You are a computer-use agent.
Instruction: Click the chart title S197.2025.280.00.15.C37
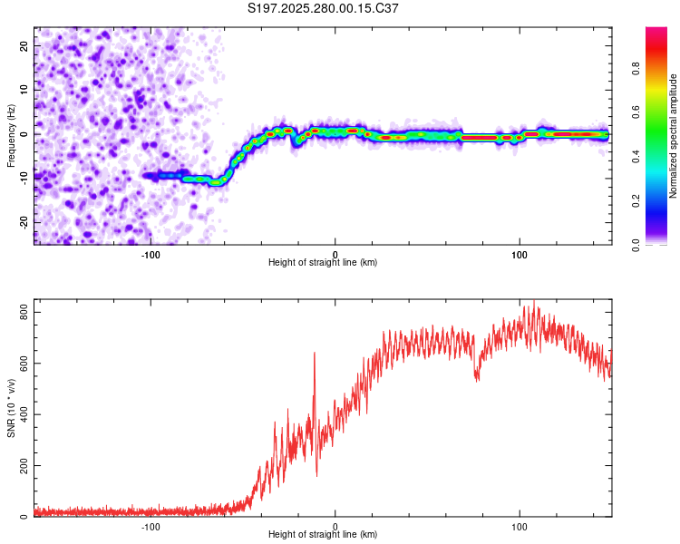click(324, 8)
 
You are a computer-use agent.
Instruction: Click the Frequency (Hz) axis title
click(11, 136)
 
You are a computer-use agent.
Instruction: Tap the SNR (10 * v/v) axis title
click(11, 408)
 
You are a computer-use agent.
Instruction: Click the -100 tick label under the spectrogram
click(151, 253)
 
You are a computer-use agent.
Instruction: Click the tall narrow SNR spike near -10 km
click(315, 355)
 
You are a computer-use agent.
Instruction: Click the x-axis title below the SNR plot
click(323, 535)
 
